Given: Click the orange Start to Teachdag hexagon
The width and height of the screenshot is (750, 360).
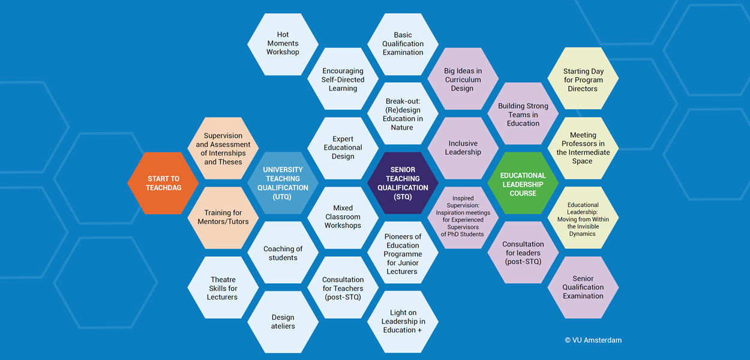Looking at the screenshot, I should coord(163,183).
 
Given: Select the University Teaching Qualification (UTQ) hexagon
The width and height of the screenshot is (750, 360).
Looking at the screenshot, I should coord(283,183).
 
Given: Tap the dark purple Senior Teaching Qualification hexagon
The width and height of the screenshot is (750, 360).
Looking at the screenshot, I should coord(403,183).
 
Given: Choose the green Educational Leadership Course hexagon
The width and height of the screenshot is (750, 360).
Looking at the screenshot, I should coord(523,183).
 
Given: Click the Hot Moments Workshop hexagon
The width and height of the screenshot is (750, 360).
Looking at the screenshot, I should coord(283,44).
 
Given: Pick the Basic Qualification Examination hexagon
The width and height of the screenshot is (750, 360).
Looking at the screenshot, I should coord(403,44).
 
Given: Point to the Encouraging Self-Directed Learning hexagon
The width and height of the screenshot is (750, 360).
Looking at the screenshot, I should coord(343,79).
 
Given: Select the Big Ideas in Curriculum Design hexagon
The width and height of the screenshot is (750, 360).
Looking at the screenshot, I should coord(463,79).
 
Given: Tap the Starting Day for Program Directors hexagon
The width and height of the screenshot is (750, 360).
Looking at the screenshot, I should coord(583,79).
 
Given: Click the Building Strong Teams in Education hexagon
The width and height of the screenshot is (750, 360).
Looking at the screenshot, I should coord(523,114).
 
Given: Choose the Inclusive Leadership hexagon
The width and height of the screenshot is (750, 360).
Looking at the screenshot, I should coord(463,148).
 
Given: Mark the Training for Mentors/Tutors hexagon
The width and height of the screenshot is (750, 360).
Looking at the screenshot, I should coord(223,217).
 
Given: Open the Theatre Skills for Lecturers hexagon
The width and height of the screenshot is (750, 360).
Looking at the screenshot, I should coord(223,288).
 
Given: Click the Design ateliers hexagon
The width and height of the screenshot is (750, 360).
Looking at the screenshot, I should coord(283,322).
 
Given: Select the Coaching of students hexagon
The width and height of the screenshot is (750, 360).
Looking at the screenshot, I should coord(283,253).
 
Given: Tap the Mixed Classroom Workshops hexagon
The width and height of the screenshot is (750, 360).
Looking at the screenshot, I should coord(343,217).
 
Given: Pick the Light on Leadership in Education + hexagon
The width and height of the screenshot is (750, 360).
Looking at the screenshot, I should coord(403,322).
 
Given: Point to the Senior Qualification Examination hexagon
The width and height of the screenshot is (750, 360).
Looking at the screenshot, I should coord(583,287).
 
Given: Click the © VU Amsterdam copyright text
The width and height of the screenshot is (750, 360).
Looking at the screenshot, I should coord(593,340).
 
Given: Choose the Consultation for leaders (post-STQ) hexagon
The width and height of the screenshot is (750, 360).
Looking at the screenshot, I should coord(523,253).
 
